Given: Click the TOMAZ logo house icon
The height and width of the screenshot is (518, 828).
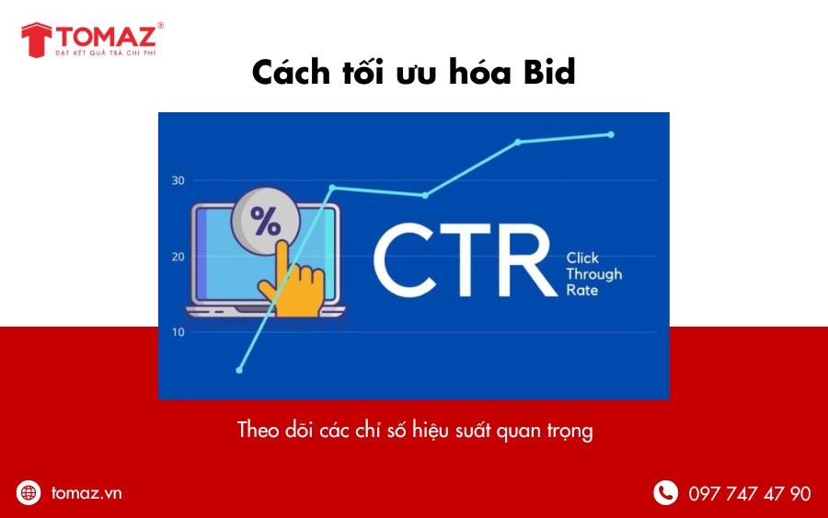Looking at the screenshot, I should pyautogui.click(x=37, y=40).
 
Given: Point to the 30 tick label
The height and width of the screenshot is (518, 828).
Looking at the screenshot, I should pyautogui.click(x=178, y=180).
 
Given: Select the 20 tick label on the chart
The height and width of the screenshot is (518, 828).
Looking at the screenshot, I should pyautogui.click(x=178, y=256).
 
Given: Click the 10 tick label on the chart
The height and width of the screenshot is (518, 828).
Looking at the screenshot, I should pyautogui.click(x=178, y=331).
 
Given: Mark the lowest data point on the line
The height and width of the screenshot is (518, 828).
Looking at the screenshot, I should pyautogui.click(x=239, y=370).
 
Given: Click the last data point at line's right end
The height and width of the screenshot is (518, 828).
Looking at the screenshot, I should pyautogui.click(x=611, y=134).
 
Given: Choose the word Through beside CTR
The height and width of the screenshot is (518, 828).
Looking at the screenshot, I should pyautogui.click(x=593, y=274).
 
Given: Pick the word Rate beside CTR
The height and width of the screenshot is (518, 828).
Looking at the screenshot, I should pyautogui.click(x=581, y=290).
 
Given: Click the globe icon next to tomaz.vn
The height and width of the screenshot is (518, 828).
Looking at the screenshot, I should pyautogui.click(x=29, y=492).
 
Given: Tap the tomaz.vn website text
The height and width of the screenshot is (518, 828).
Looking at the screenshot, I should pyautogui.click(x=86, y=492).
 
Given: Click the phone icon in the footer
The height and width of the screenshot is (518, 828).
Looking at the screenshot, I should pyautogui.click(x=665, y=492).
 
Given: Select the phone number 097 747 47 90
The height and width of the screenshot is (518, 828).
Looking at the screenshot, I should pyautogui.click(x=749, y=493).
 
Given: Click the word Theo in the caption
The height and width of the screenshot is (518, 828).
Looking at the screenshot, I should pyautogui.click(x=258, y=430).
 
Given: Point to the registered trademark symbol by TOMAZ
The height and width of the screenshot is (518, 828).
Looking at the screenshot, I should pyautogui.click(x=161, y=27).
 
